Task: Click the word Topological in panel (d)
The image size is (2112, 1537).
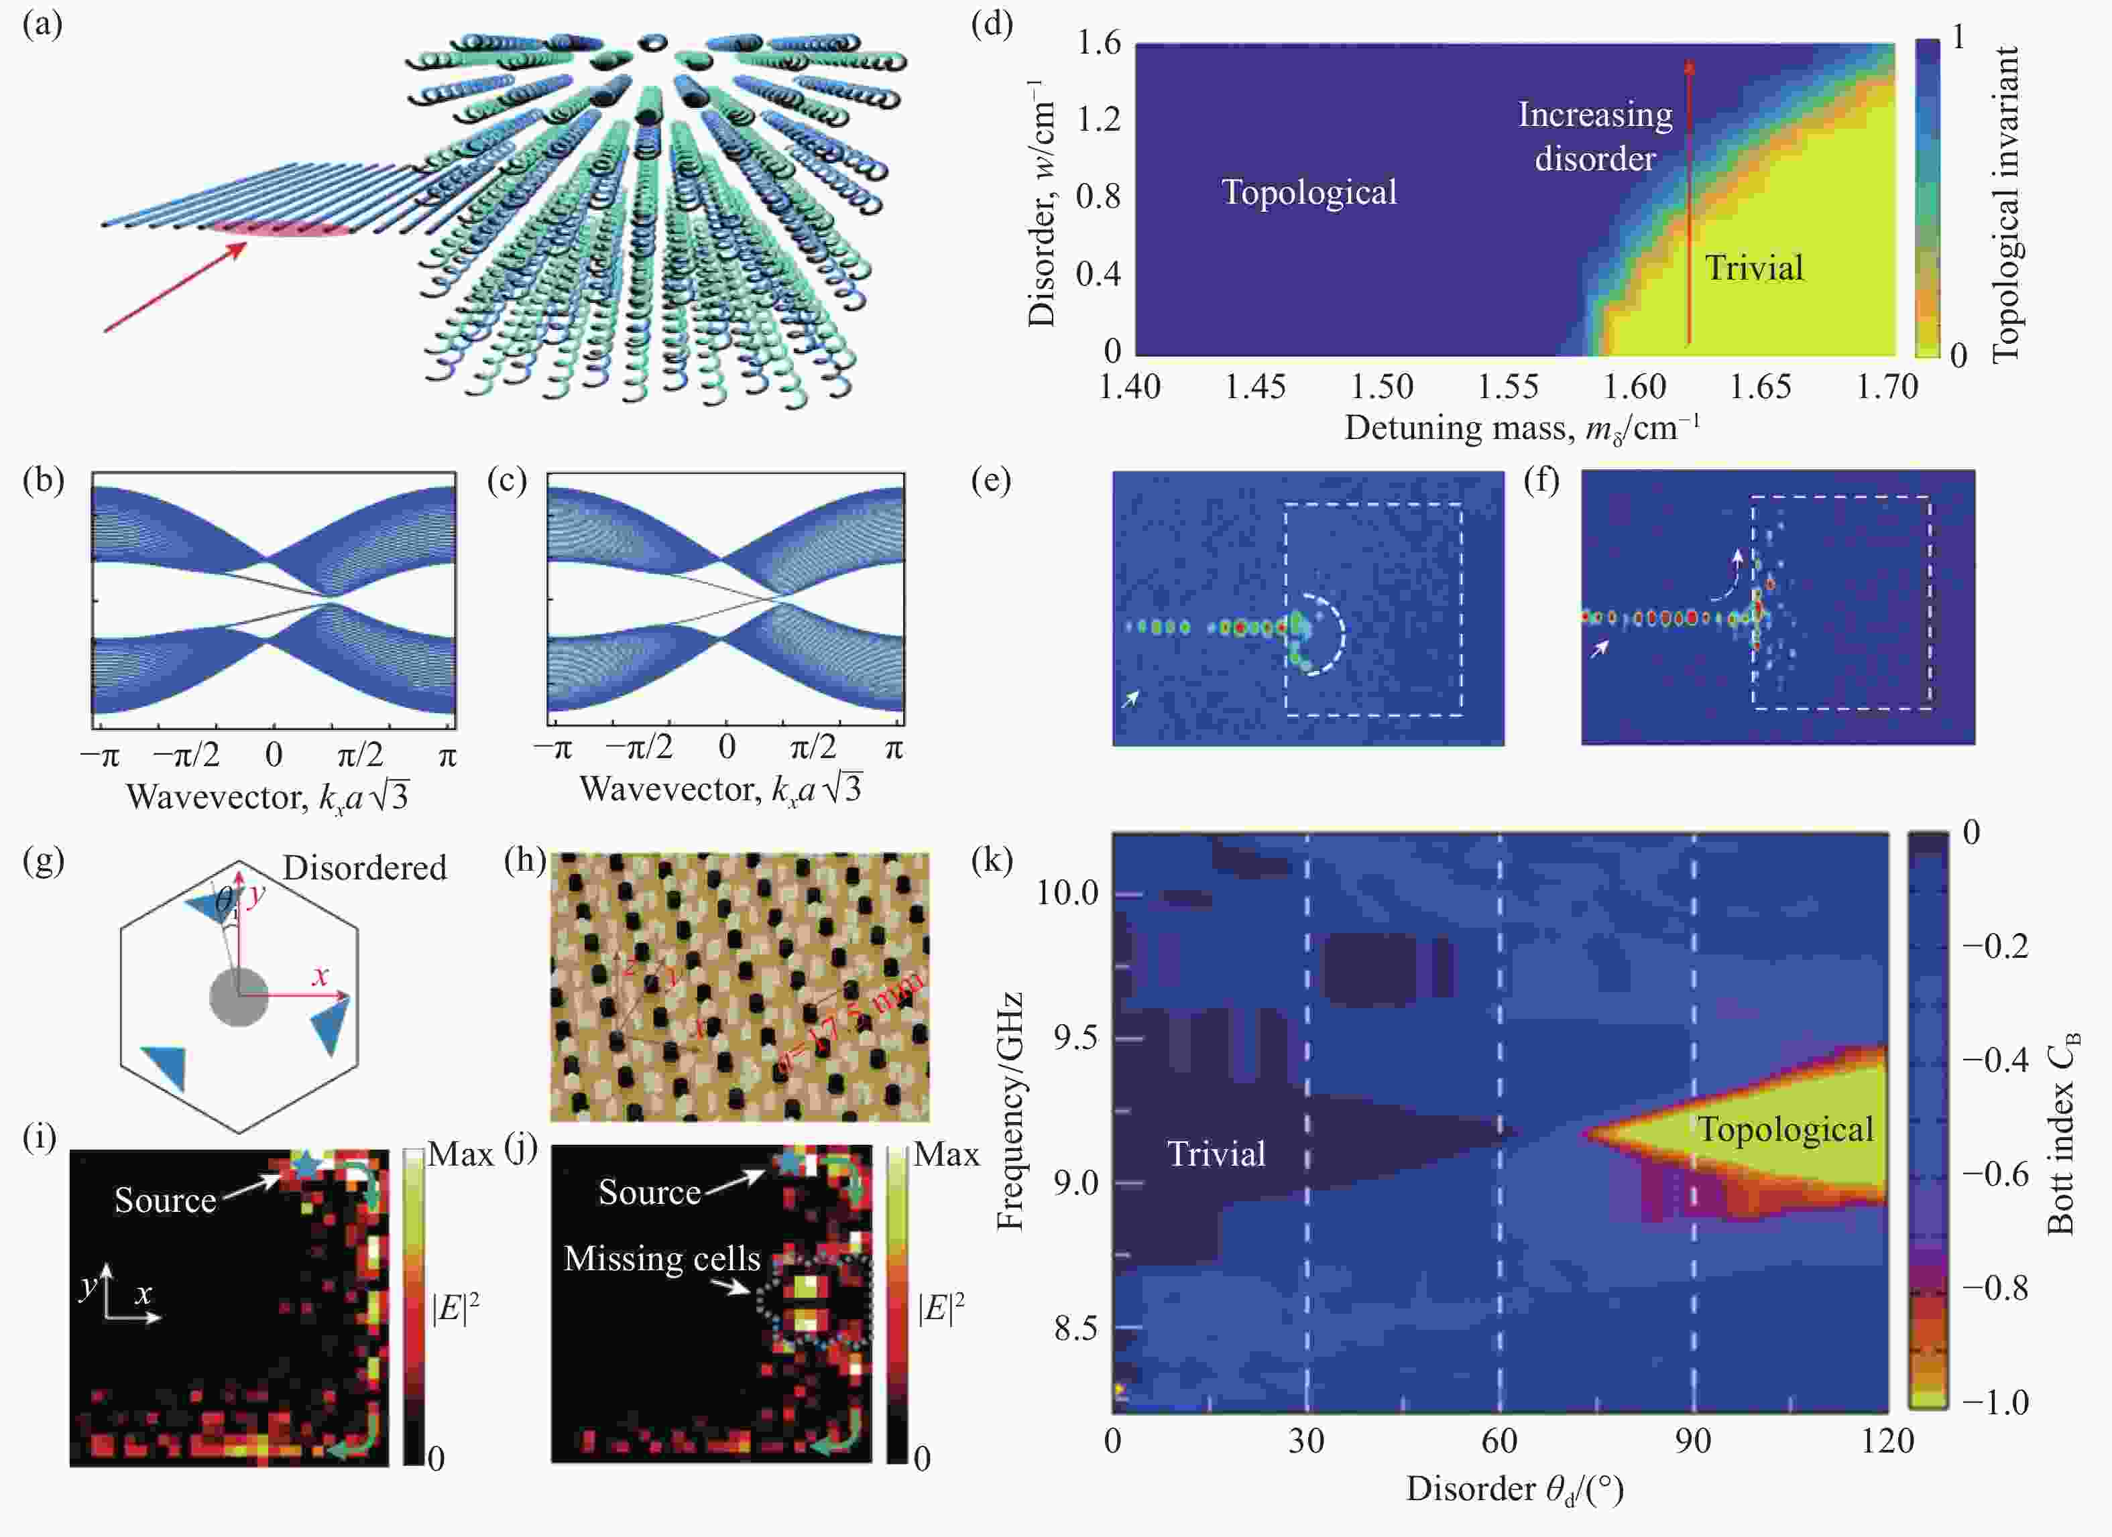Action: click(x=1308, y=192)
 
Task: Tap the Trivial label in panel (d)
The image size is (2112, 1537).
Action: click(x=1753, y=268)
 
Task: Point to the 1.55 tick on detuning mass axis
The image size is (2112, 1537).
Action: click(x=1509, y=386)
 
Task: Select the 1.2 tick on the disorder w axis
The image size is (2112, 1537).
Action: click(x=1099, y=120)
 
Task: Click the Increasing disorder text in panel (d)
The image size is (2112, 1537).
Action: click(x=1595, y=137)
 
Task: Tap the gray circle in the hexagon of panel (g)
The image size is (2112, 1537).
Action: click(x=239, y=996)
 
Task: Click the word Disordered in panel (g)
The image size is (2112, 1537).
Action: click(x=365, y=867)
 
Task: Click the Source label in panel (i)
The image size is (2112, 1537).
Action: click(x=165, y=1200)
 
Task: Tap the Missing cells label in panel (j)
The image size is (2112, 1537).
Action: click(x=662, y=1259)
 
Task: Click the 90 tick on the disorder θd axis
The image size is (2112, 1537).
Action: click(x=1692, y=1441)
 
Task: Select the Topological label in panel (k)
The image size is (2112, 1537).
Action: click(x=1784, y=1129)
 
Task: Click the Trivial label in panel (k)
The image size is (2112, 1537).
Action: click(x=1216, y=1154)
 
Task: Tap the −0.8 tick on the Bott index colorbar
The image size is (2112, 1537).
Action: click(x=1995, y=1288)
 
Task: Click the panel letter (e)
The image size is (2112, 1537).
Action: click(x=991, y=481)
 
